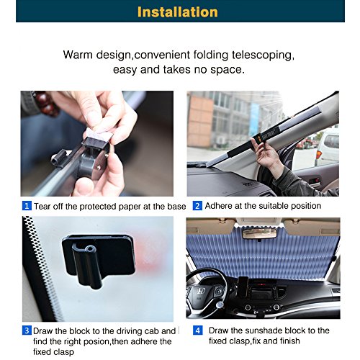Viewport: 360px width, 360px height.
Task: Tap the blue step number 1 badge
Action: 27,206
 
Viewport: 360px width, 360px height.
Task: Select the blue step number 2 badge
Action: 197,206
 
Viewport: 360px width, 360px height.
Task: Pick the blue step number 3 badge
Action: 27,330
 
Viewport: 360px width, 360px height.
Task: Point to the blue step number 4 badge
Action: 197,330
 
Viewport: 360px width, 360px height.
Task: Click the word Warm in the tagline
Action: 79,55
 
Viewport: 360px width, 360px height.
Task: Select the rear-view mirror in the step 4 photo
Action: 261,233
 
